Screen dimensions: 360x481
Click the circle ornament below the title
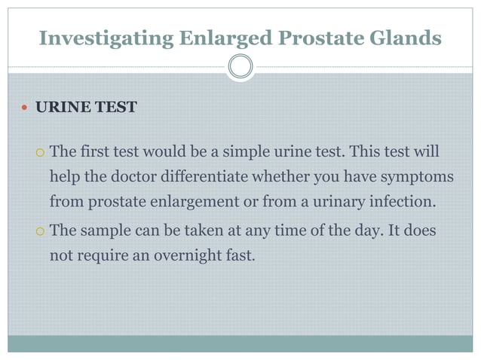(240, 67)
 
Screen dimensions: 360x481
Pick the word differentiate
(206, 178)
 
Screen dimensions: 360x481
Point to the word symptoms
(410, 178)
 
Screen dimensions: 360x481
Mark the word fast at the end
(242, 255)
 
